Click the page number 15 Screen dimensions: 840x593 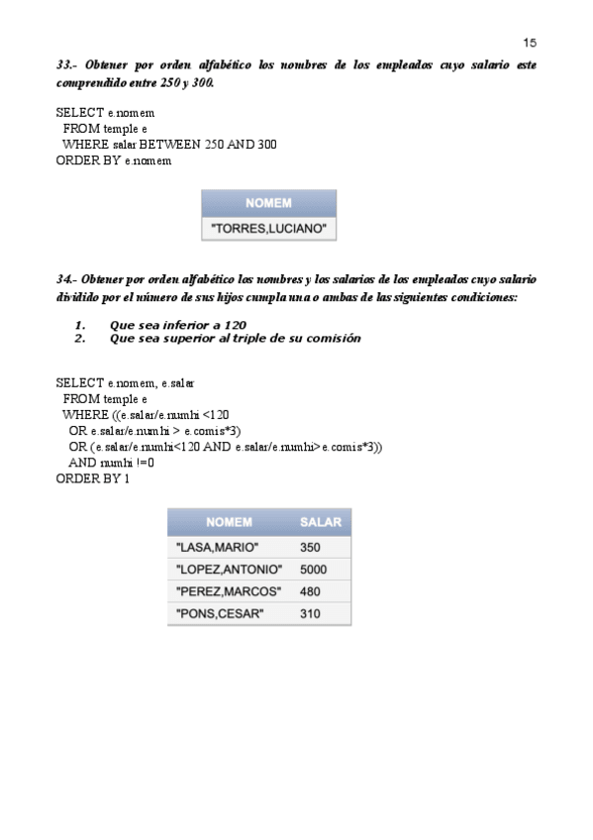click(529, 43)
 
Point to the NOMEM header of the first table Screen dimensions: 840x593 click(269, 203)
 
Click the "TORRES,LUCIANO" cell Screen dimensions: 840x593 click(269, 229)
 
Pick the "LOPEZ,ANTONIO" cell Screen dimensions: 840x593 click(228, 570)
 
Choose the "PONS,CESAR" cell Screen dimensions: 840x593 click(218, 614)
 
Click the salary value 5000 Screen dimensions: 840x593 click(312, 570)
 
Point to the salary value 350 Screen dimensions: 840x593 click(309, 547)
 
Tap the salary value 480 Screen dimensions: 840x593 click(309, 592)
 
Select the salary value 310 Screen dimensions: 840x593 click(309, 614)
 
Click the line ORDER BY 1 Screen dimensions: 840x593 click(93, 479)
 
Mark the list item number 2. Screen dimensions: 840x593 click(80, 339)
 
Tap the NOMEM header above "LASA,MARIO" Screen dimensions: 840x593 click(229, 522)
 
